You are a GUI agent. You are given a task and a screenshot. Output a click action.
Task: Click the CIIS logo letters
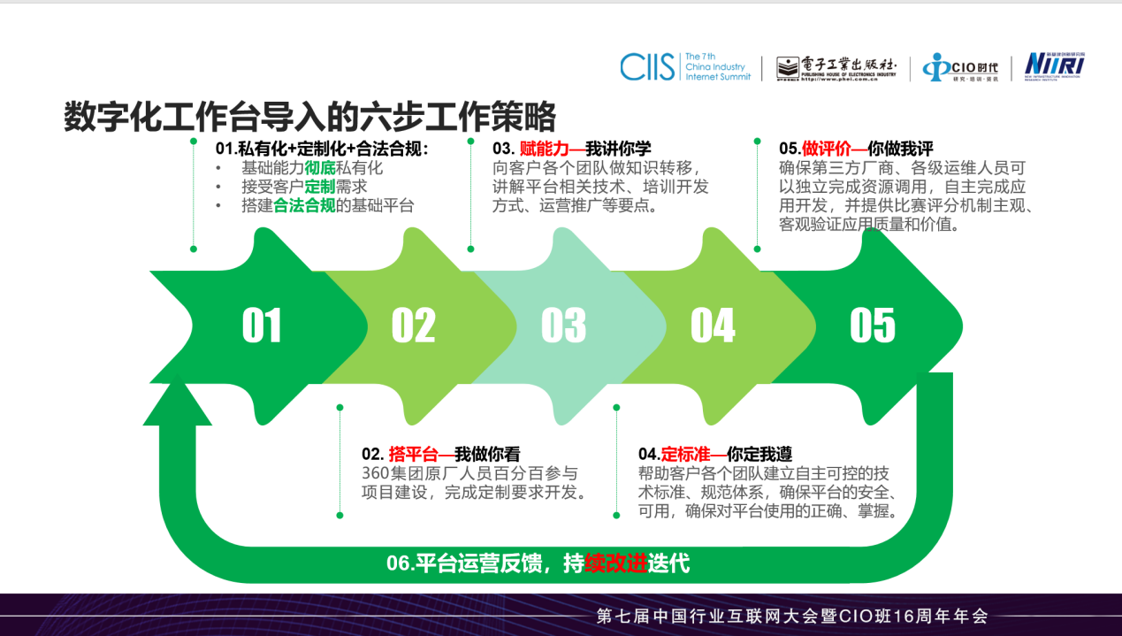[647, 66]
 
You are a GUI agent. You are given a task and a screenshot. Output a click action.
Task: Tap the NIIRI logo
[1055, 65]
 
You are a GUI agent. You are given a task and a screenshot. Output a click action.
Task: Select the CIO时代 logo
[960, 67]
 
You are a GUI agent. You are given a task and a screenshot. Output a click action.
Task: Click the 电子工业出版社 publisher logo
[836, 68]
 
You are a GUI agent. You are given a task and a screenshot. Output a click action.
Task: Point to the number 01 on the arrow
[262, 326]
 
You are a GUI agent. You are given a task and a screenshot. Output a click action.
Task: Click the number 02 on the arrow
[413, 326]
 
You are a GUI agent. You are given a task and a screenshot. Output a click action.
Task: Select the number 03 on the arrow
[563, 326]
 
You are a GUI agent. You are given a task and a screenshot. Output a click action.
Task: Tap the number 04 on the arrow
[713, 326]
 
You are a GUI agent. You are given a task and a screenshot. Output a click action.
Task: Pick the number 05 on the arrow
[873, 326]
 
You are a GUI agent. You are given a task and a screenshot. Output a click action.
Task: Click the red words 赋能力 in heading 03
[544, 149]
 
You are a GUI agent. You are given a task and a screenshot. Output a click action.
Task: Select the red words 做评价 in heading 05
[827, 149]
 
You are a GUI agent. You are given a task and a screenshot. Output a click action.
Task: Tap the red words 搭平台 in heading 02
[413, 454]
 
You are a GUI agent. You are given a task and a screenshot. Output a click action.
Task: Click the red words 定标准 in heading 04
[686, 454]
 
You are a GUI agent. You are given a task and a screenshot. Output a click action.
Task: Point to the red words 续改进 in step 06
[616, 563]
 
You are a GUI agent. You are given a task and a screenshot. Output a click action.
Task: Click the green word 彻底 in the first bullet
[319, 167]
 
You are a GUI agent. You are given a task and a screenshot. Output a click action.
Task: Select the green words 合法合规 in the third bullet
[304, 205]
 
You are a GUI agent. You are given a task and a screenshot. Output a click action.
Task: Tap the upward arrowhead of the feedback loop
[178, 400]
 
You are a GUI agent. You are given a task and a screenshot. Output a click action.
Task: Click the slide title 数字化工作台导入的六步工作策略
[310, 116]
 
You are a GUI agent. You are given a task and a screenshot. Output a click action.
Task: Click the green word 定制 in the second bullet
[319, 187]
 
